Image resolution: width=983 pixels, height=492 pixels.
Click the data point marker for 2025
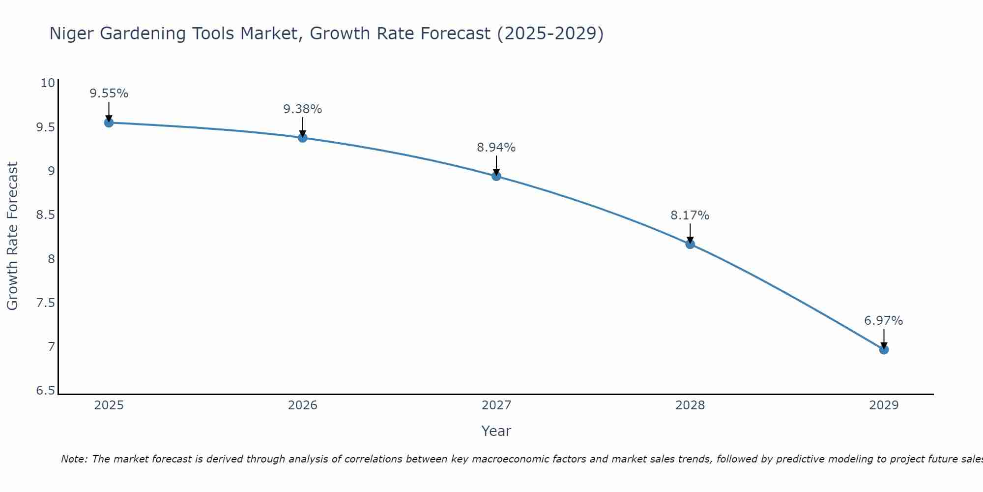click(109, 123)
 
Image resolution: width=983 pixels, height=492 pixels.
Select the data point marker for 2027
click(496, 176)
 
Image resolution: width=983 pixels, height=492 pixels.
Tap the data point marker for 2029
click(884, 350)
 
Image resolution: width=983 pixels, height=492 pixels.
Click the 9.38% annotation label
click(303, 109)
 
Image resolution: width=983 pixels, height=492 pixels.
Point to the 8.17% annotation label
click(690, 215)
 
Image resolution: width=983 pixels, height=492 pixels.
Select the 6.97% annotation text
click(884, 321)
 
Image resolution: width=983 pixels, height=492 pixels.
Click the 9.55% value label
click(109, 93)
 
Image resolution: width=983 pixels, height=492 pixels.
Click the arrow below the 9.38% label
click(303, 126)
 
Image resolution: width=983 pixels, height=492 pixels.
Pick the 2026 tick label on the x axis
click(303, 405)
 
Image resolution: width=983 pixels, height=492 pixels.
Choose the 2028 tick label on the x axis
click(690, 405)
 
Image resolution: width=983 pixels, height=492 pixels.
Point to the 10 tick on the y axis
click(48, 83)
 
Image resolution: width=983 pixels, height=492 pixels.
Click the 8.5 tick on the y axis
click(45, 215)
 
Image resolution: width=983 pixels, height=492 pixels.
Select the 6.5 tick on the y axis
click(45, 391)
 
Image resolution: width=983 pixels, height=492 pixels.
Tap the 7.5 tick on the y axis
click(45, 303)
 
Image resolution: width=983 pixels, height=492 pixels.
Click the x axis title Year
click(496, 431)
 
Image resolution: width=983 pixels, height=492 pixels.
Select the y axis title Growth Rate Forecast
click(12, 236)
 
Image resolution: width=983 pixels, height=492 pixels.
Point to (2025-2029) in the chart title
click(550, 34)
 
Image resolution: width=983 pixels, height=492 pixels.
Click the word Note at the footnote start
click(74, 459)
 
